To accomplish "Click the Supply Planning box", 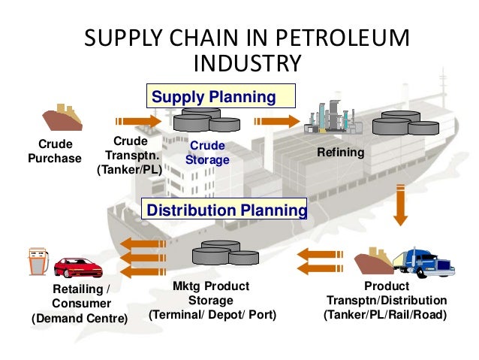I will coord(219,97).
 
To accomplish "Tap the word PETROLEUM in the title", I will coord(336,38).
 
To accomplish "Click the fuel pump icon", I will coord(35,261).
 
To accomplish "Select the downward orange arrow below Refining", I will coord(400,203).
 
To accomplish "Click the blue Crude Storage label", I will coord(208,153).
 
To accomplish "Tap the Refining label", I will coord(340,153).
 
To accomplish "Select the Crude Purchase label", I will coord(55,151).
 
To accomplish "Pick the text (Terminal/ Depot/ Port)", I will coord(212,315).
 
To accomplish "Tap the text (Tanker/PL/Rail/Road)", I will coord(385,315).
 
